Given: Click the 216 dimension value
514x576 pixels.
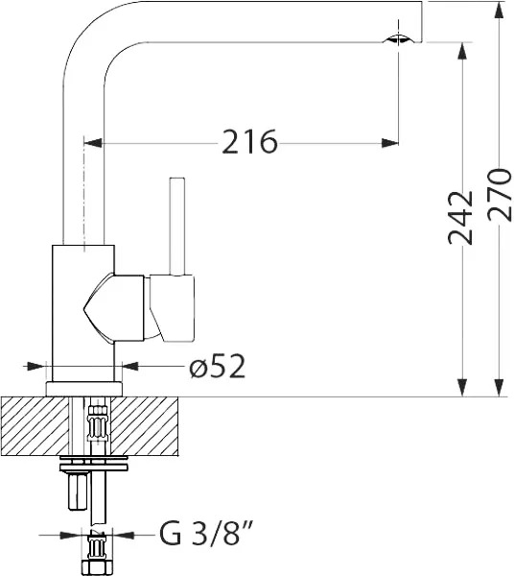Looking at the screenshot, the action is (x=249, y=141).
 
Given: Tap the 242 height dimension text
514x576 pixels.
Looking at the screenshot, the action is (x=461, y=218).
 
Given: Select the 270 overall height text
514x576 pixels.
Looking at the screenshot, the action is (x=500, y=195).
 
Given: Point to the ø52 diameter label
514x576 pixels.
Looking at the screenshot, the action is (x=217, y=367).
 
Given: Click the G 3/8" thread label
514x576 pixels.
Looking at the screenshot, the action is (x=206, y=533).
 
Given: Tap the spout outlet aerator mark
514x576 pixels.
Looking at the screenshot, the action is (x=398, y=39).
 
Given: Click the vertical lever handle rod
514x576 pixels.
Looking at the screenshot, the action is (x=176, y=226).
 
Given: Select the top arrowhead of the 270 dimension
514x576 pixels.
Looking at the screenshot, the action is (x=499, y=12).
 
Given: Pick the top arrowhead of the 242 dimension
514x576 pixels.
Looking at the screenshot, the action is (x=462, y=51).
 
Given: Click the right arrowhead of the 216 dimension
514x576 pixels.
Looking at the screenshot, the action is (x=390, y=143).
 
